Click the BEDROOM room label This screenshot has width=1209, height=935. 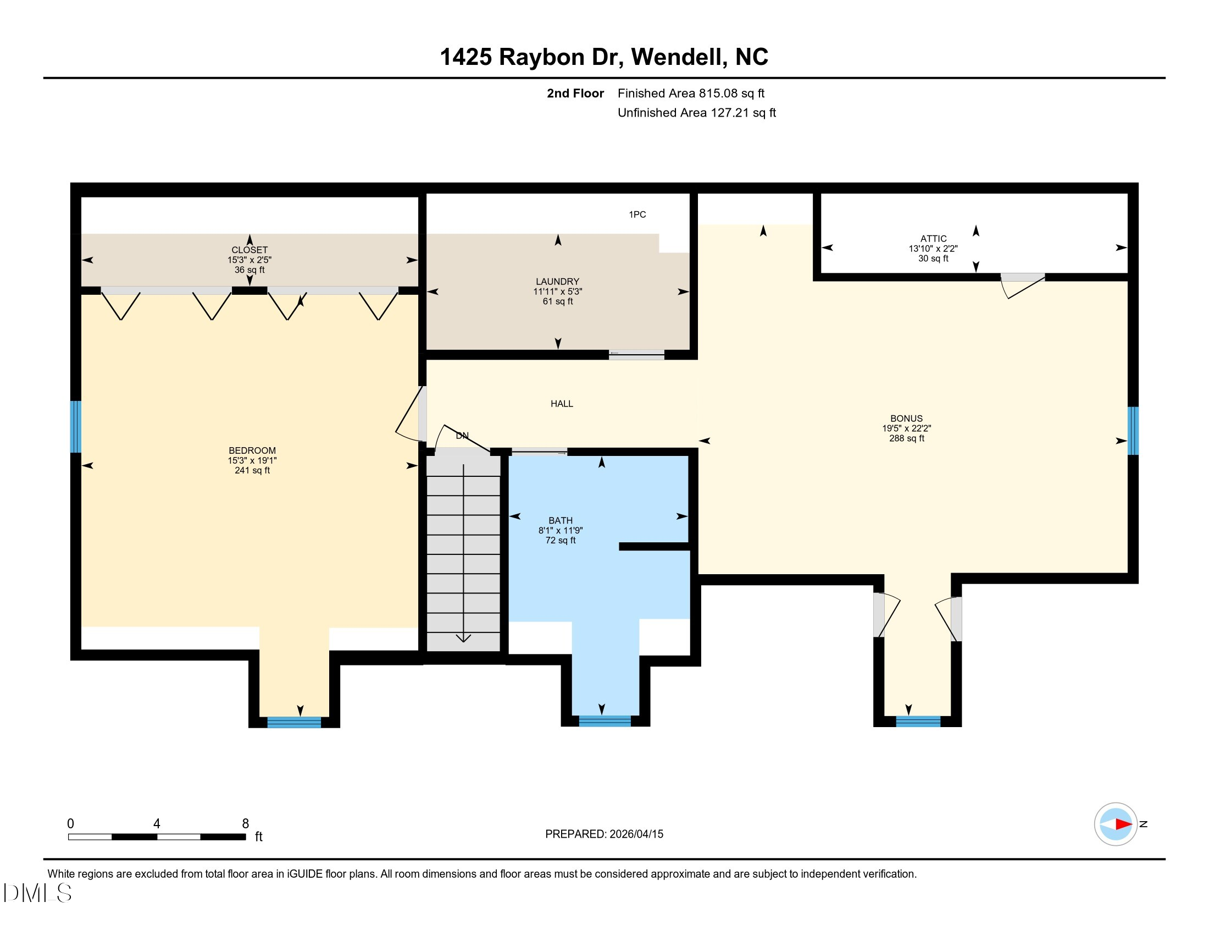(x=252, y=450)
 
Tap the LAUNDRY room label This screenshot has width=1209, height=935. (x=557, y=282)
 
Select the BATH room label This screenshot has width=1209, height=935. (x=560, y=520)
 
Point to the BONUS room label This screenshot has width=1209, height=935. (x=906, y=418)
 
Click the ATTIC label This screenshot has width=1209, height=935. (x=933, y=239)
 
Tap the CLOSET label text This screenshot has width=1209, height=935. (x=249, y=250)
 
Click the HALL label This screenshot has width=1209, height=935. (x=561, y=404)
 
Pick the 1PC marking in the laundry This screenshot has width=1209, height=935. (x=637, y=215)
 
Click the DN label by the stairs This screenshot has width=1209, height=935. (x=462, y=436)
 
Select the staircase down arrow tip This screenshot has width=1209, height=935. (x=463, y=641)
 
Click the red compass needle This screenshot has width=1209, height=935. (x=1123, y=824)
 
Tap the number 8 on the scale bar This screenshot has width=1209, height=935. (x=245, y=824)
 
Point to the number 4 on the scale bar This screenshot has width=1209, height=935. (x=157, y=824)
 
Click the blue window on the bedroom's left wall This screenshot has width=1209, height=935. (x=76, y=426)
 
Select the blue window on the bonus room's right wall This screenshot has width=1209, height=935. (x=1133, y=431)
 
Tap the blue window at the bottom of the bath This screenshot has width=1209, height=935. (x=604, y=721)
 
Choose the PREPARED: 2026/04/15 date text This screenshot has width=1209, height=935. (x=604, y=834)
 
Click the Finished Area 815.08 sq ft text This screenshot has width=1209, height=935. (x=691, y=93)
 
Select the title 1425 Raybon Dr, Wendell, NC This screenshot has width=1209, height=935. (x=604, y=57)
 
